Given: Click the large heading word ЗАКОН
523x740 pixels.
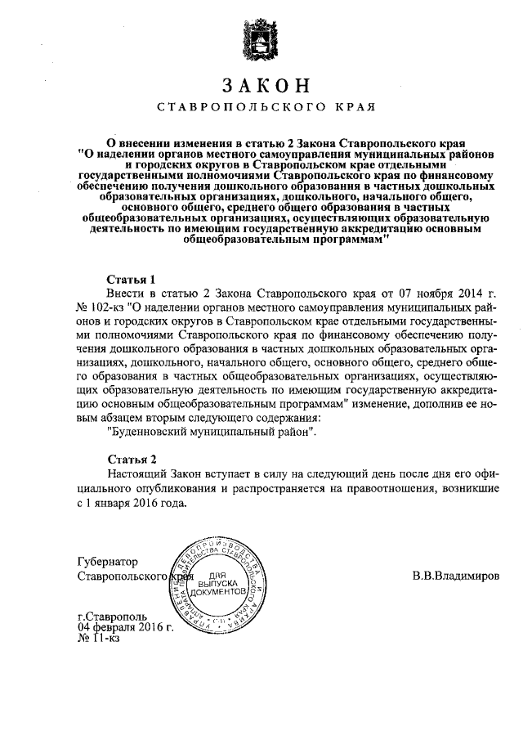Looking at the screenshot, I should (261, 86).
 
